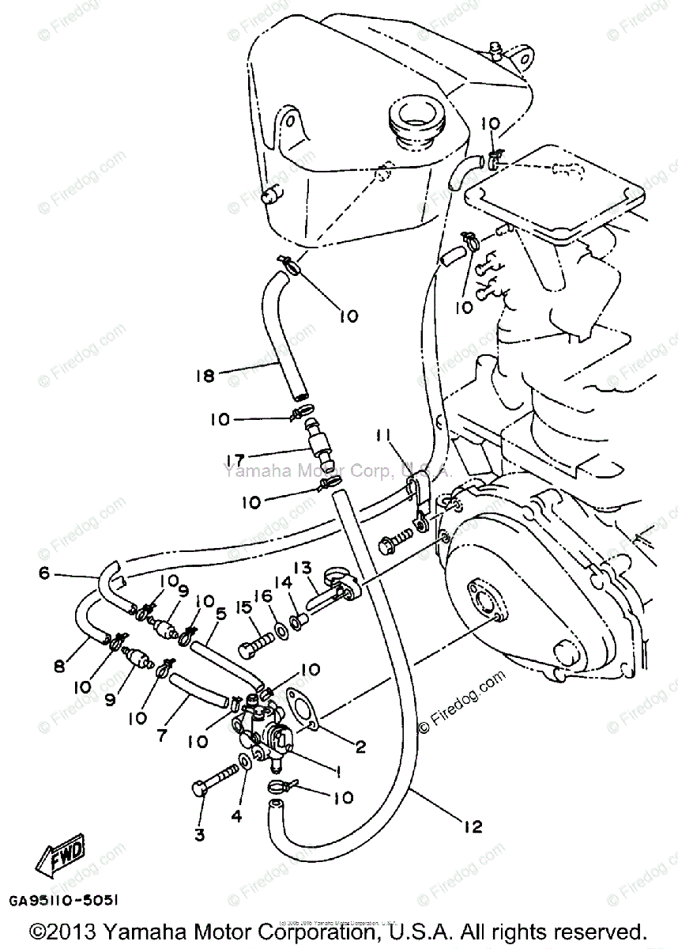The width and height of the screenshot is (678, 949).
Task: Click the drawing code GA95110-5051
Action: coord(65,900)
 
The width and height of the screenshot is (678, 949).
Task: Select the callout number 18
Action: coord(204,376)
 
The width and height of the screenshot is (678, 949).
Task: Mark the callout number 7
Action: coord(161,735)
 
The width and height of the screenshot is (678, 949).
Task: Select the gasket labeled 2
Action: coord(302,706)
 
